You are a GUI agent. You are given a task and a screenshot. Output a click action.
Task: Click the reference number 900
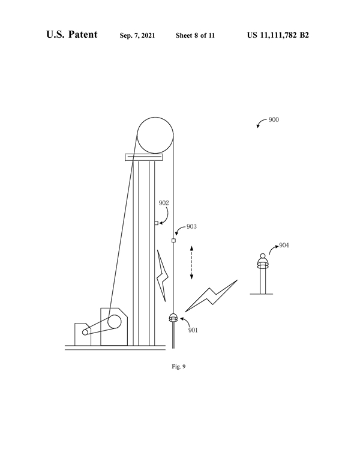[274, 119]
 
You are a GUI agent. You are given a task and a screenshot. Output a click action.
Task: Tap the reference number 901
[193, 330]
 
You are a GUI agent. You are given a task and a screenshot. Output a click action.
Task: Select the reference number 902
[164, 203]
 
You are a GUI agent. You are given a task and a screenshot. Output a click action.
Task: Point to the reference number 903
[191, 226]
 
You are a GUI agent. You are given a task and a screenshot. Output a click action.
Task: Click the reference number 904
[284, 245]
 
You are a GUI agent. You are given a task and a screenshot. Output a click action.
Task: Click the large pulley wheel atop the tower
[155, 135]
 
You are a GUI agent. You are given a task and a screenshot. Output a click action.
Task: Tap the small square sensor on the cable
[173, 241]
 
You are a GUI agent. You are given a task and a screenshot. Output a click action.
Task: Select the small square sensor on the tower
[156, 223]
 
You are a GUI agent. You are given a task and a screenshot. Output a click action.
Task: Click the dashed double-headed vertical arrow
[191, 262]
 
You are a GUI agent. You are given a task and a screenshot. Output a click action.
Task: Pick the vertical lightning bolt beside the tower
[163, 276]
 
